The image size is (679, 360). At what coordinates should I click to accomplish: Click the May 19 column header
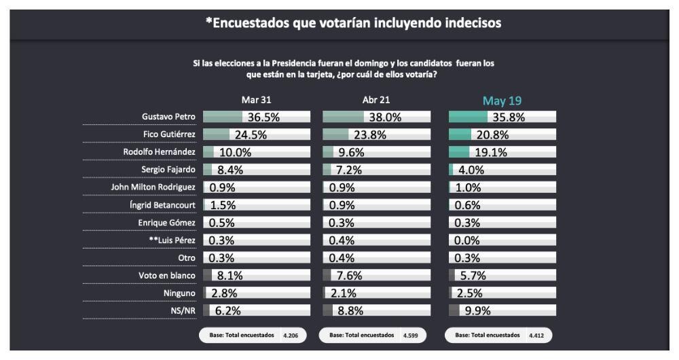pos(502,101)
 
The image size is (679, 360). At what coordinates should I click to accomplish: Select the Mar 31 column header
pos(257,101)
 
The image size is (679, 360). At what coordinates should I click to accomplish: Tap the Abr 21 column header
pos(378,101)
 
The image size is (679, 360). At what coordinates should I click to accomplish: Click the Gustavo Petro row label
pos(168,117)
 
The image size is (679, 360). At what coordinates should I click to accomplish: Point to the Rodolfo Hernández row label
pos(160,151)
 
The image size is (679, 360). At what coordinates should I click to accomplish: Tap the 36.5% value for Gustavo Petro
pos(263,117)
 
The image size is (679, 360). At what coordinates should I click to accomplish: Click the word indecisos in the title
pos(473,24)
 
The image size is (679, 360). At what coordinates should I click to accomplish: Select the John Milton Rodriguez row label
pos(153,187)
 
